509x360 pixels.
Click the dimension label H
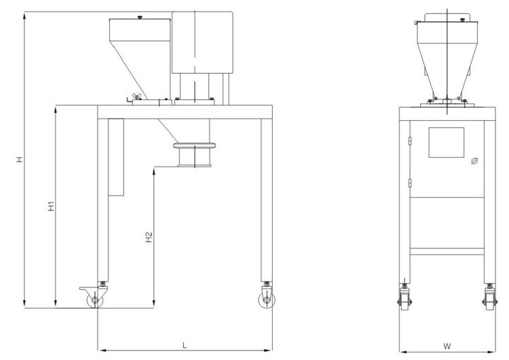tap(20, 159)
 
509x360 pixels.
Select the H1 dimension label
tap(52, 206)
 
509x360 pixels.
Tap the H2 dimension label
tap(149, 237)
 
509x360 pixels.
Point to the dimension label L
tap(185, 345)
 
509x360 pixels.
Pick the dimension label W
tap(447, 346)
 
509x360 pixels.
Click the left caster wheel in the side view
tap(95, 300)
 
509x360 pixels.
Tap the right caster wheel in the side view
tap(267, 300)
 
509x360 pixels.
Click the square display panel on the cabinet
tap(447, 143)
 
